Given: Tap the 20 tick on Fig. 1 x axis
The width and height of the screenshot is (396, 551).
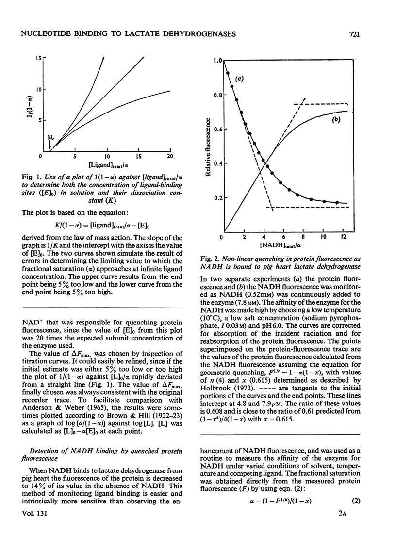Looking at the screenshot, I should pos(170,157).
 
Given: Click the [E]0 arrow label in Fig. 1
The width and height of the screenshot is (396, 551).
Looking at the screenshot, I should pos(50,138).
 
